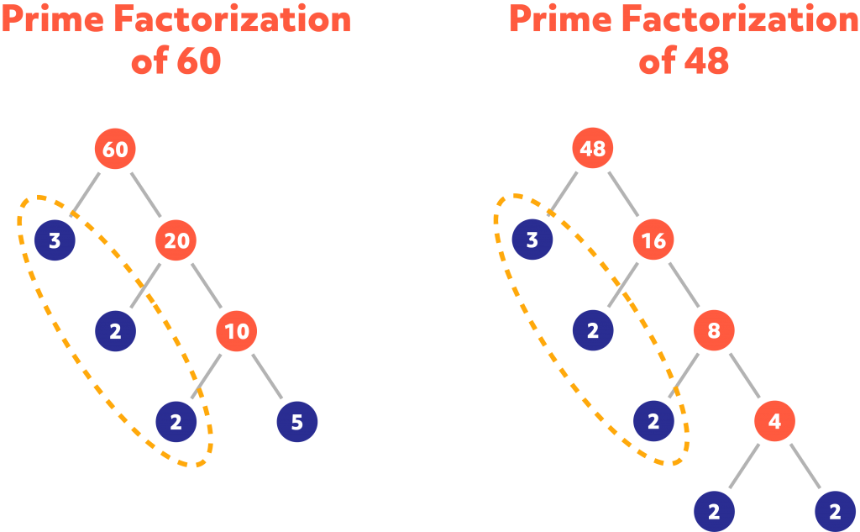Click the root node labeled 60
pos(115,150)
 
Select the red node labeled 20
pos(176,241)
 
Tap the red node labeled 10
pos(237,331)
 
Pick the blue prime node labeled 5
pos(296,422)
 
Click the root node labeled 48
pos(593,150)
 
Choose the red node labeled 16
pos(653,241)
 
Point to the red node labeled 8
pos(714,331)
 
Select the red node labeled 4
pos(774,422)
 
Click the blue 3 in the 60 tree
pos(55,241)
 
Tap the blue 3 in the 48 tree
pos(532,241)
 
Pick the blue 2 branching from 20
pos(115,331)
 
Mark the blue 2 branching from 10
pos(176,422)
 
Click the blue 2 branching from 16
pos(593,331)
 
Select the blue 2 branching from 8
pos(653,422)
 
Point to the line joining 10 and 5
pos(267,377)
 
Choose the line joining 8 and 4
pos(744,377)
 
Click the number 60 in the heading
pos(199,61)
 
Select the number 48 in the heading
pos(705,61)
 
